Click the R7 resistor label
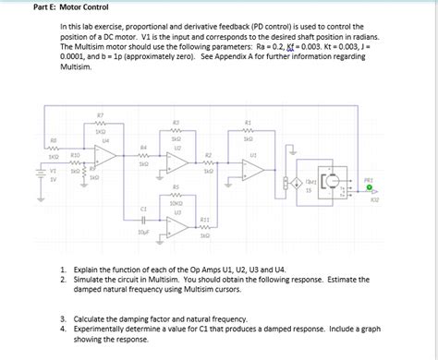point(99,114)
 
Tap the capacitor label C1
point(143,209)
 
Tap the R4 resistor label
point(143,147)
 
